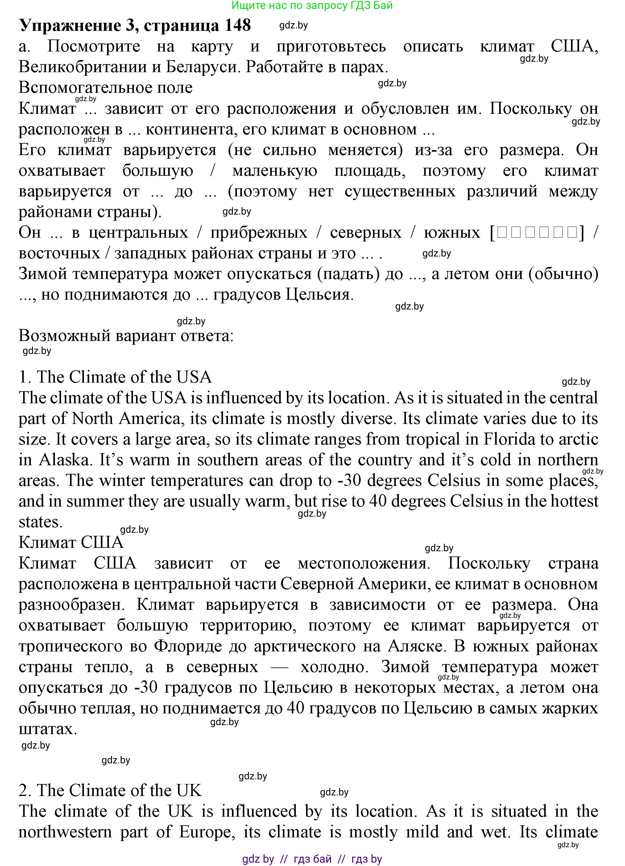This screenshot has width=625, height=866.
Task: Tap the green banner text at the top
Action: click(312, 5)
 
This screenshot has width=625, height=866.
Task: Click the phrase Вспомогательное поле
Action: click(106, 88)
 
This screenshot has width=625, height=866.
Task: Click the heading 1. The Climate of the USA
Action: click(115, 377)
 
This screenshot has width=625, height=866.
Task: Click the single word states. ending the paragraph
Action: click(40, 522)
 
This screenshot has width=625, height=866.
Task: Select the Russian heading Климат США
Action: click(71, 542)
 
